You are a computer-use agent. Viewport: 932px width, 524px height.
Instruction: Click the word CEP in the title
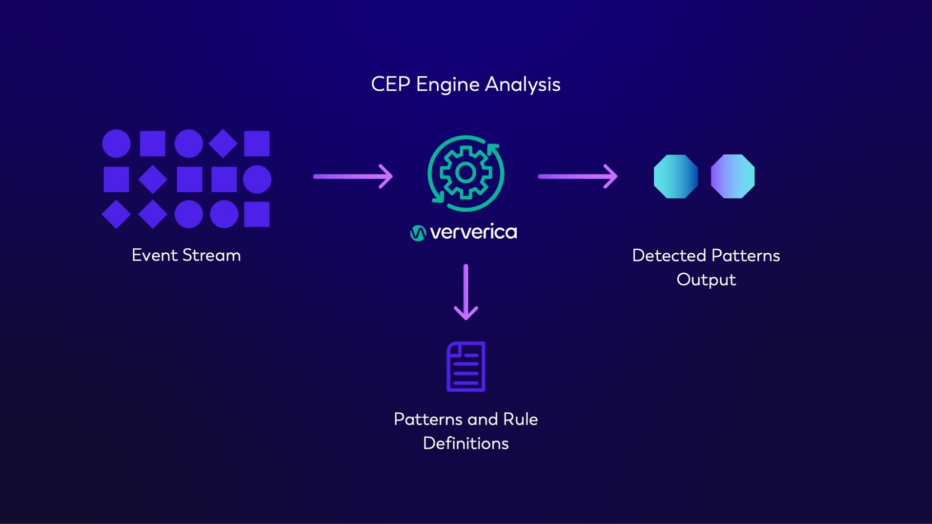pos(390,84)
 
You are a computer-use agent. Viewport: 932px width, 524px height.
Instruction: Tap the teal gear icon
pos(466,173)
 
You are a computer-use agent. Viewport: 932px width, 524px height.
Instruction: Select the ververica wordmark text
pos(473,232)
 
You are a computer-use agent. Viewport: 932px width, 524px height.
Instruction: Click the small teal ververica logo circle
pos(418,233)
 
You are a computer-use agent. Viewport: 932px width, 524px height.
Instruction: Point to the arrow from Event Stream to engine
pos(353,176)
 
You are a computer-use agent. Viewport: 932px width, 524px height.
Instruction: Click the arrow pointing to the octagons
pos(577,176)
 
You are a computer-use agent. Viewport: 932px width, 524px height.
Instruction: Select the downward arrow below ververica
pos(466,292)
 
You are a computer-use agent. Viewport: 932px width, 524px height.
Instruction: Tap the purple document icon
pos(466,366)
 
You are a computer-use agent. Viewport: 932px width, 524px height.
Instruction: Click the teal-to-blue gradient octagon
pos(675,176)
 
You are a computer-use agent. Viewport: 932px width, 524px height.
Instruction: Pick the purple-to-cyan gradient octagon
pos(732,176)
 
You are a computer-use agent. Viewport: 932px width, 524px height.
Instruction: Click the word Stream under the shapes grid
pos(211,255)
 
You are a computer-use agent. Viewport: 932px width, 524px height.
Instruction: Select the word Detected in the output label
pos(669,256)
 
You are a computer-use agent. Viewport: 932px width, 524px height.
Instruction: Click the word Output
pos(706,280)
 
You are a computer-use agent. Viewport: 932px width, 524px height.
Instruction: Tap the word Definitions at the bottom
pos(466,443)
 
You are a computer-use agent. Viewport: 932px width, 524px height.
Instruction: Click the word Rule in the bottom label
pos(520,419)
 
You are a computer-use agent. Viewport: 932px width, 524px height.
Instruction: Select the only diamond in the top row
pos(223,143)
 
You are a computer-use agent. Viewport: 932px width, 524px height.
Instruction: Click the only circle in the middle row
pos(257,179)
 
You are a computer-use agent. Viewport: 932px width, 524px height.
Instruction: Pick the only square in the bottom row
pos(257,214)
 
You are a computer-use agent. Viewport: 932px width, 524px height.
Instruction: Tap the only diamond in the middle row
pos(153,179)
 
